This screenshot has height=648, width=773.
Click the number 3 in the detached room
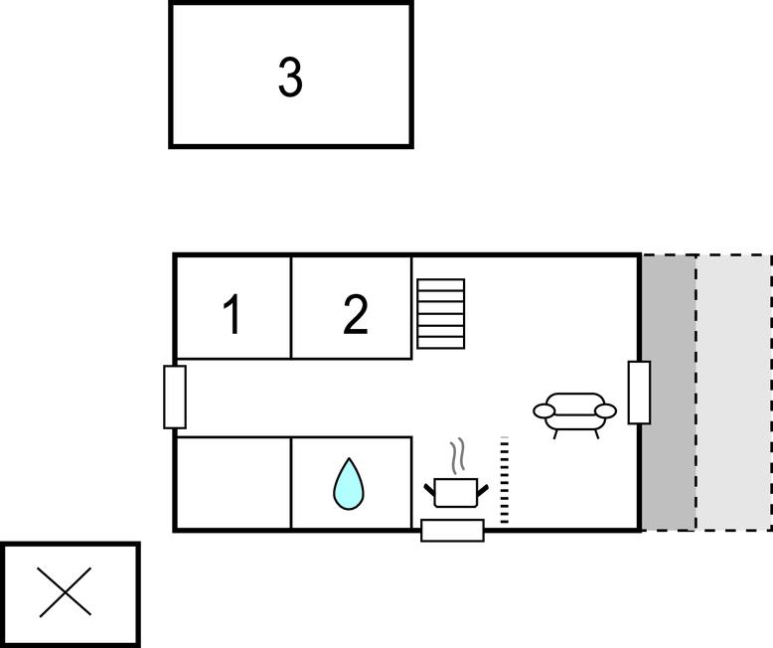coord(290,78)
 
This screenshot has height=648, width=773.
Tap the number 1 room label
coord(232,315)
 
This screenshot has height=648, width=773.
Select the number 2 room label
coord(355,315)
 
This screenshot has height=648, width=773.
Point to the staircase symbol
coord(440,314)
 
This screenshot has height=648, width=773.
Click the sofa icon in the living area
coord(575,411)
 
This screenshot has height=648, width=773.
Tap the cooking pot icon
coord(457,491)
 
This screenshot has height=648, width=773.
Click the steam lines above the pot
coord(457,458)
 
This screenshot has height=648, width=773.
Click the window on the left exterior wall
coord(175,397)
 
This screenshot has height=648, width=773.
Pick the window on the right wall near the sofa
coord(639,393)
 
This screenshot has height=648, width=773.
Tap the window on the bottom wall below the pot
coord(452,530)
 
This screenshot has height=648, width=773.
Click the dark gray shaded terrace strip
coord(668,393)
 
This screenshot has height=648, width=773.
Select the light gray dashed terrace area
coord(733,393)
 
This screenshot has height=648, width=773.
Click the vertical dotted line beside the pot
coord(504,480)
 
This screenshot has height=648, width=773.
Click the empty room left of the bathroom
coord(233,483)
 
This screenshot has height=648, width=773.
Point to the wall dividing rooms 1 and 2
coord(291,307)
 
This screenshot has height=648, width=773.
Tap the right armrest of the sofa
coord(606,410)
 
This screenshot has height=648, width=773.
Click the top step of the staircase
coord(440,284)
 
